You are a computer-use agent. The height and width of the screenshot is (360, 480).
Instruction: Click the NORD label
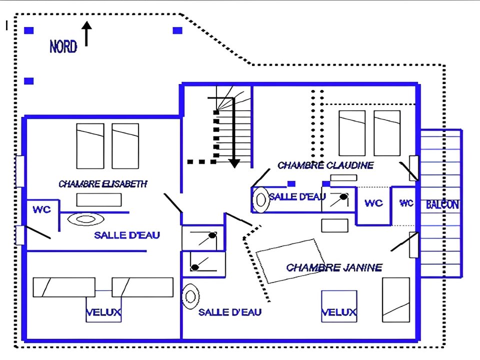pyautogui.click(x=63, y=47)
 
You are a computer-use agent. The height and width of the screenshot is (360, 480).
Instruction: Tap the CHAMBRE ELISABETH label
pyautogui.click(x=103, y=184)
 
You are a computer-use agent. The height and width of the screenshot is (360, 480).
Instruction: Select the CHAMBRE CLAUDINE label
pyautogui.click(x=325, y=165)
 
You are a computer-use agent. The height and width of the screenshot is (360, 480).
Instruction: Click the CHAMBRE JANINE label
pyautogui.click(x=334, y=267)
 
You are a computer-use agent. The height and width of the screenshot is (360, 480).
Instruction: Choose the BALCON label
pyautogui.click(x=442, y=204)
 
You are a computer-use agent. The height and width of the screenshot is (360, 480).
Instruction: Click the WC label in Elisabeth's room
pyautogui.click(x=42, y=210)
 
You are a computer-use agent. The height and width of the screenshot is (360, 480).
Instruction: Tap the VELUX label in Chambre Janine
pyautogui.click(x=339, y=313)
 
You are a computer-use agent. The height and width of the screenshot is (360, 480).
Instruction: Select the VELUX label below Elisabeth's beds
pyautogui.click(x=104, y=313)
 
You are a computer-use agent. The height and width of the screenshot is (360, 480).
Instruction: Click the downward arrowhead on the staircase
pyautogui.click(x=234, y=163)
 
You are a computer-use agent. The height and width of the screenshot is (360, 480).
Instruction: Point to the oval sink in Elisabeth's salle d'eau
pyautogui.click(x=85, y=218)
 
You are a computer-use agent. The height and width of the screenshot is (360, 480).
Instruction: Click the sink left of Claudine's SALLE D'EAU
pyautogui.click(x=260, y=199)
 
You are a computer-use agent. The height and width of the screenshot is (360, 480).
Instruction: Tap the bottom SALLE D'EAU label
pyautogui.click(x=230, y=312)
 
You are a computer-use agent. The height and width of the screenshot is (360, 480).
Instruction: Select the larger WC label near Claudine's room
pyautogui.click(x=373, y=203)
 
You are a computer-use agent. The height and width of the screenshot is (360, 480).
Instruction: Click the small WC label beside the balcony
pyautogui.click(x=406, y=203)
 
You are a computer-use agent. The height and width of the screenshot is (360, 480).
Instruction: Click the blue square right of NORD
pyautogui.click(x=177, y=30)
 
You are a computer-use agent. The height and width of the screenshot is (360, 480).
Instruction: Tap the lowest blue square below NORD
pyautogui.click(x=29, y=81)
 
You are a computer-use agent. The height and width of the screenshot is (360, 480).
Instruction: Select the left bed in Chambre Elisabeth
pyautogui.click(x=90, y=146)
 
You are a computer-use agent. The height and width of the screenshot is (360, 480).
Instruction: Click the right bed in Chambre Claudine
pyautogui.click(x=387, y=133)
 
